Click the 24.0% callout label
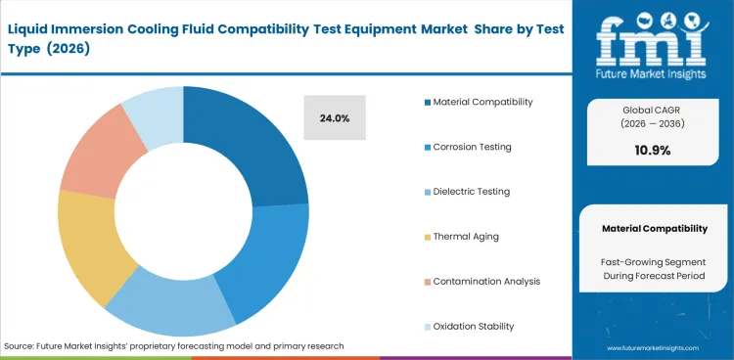335,118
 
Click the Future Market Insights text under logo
654,70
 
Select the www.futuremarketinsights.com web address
654,348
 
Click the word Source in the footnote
22,345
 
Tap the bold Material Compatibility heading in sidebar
654,228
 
